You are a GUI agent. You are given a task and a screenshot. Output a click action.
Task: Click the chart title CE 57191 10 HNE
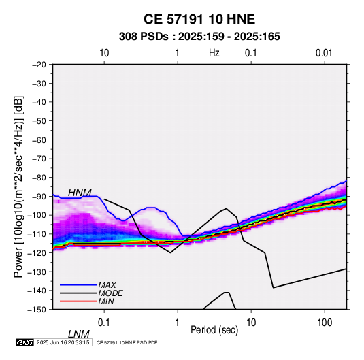199,19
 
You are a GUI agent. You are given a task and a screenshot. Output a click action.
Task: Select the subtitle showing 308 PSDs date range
199,37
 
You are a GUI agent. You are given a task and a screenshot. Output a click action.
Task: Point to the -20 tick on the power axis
39,65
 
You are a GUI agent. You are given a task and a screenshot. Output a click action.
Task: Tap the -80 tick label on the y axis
39,178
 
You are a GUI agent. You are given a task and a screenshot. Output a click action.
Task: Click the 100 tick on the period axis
325,323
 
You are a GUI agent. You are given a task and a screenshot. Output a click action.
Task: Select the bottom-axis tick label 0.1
104,323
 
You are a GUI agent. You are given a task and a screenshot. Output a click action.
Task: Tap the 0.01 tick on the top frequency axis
324,53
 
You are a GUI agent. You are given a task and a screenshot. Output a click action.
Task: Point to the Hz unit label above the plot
214,53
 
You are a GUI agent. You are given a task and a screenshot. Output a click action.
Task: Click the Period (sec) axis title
214,330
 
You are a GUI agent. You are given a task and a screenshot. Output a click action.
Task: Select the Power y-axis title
18,187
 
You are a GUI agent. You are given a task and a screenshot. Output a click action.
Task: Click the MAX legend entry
107,285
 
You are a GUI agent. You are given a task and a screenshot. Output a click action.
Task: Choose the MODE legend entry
110,293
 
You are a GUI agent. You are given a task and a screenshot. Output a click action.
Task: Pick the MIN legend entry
106,301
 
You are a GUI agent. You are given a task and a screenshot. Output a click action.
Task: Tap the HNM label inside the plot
80,193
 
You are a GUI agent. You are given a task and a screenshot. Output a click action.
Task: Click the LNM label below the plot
79,334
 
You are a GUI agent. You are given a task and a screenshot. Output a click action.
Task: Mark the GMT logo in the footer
25,342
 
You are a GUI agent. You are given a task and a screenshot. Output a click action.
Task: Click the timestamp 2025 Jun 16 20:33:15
63,342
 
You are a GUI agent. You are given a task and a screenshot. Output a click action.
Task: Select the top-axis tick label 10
104,53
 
